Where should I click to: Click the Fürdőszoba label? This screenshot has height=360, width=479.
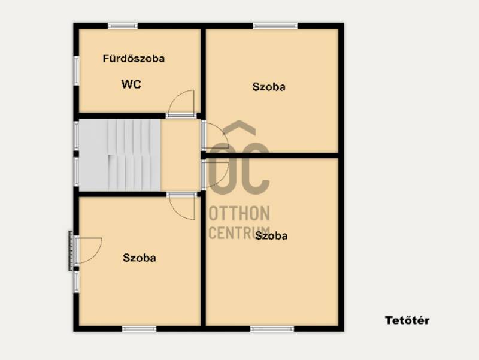[134, 58]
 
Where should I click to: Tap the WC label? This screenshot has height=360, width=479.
[131, 84]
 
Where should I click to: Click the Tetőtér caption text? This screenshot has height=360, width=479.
[407, 320]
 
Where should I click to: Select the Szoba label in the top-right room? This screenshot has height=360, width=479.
[269, 87]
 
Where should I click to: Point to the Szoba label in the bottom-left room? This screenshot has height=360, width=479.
[140, 258]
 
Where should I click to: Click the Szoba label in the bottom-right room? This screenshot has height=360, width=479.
[271, 235]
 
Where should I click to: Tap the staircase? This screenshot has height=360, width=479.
[120, 155]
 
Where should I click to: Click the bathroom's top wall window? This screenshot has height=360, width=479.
[123, 26]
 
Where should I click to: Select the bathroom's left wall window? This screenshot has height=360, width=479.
[76, 71]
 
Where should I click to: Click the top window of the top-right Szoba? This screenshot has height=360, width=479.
[275, 26]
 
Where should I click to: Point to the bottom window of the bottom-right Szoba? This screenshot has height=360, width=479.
[272, 329]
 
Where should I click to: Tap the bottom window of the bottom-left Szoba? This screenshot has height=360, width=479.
[140, 329]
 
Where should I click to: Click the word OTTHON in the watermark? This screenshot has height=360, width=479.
[239, 213]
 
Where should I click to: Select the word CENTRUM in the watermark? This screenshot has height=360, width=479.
[239, 232]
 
